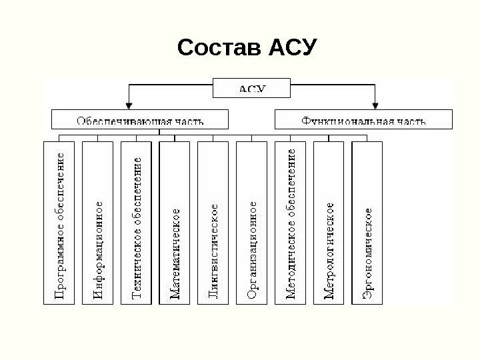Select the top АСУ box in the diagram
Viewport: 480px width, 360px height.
pyautogui.click(x=251, y=87)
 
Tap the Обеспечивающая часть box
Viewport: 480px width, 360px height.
pyautogui.click(x=140, y=120)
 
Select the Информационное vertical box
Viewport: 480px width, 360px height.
pyautogui.click(x=99, y=223)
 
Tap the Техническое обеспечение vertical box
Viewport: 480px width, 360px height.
pyautogui.click(x=137, y=223)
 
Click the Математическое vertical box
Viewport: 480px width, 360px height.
pyautogui.click(x=175, y=223)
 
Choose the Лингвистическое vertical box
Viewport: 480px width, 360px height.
pyautogui.click(x=213, y=223)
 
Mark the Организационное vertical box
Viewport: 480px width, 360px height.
pyautogui.click(x=252, y=223)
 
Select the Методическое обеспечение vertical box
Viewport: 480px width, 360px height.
pyautogui.click(x=291, y=223)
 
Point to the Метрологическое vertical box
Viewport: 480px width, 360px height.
pyautogui.click(x=329, y=223)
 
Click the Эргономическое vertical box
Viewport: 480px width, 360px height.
pyautogui.click(x=367, y=223)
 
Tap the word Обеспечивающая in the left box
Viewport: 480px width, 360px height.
pyautogui.click(x=124, y=121)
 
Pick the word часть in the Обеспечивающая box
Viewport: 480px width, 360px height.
pyautogui.click(x=189, y=121)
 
